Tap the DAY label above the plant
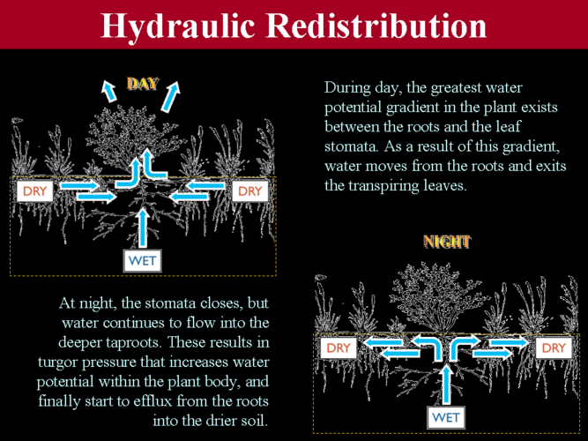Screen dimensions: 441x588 142,84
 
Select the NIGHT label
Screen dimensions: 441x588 447,242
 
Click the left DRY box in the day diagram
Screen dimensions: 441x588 35,191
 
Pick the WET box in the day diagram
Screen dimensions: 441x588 142,261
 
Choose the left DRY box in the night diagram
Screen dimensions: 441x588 339,348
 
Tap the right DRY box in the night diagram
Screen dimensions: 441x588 554,348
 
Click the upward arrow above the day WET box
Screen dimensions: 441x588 142,228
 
